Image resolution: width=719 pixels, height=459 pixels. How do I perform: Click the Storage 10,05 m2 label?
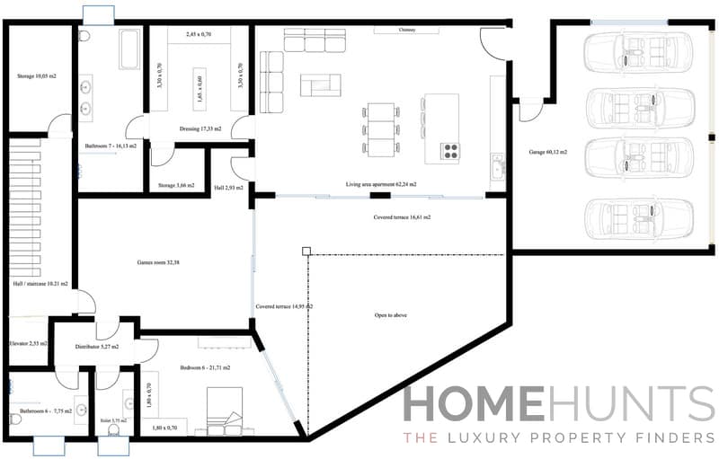point(36,76)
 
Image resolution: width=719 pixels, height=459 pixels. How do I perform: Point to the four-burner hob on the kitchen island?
point(449,151)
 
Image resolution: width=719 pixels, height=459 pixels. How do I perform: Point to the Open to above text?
point(393,315)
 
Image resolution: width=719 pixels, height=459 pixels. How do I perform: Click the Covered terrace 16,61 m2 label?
point(402,217)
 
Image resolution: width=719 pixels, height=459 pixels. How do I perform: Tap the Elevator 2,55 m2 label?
point(28,343)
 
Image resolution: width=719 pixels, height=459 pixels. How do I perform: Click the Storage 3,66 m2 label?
point(176,185)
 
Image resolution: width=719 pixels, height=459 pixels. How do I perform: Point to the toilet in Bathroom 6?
point(14,419)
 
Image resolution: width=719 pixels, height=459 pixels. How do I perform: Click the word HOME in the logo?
point(473,405)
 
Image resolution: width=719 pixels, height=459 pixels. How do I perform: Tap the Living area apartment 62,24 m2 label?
point(381,184)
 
